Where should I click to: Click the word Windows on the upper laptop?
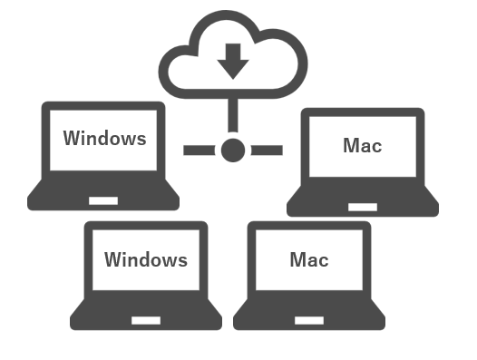click(104, 139)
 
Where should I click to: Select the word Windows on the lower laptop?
click(145, 260)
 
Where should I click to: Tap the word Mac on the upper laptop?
click(363, 146)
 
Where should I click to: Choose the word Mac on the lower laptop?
click(308, 260)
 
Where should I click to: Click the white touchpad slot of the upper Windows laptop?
click(102, 199)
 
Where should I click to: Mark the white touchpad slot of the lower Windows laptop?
click(145, 319)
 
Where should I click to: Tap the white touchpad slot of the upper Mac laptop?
click(363, 207)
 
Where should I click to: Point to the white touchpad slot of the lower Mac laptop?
click(308, 319)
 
